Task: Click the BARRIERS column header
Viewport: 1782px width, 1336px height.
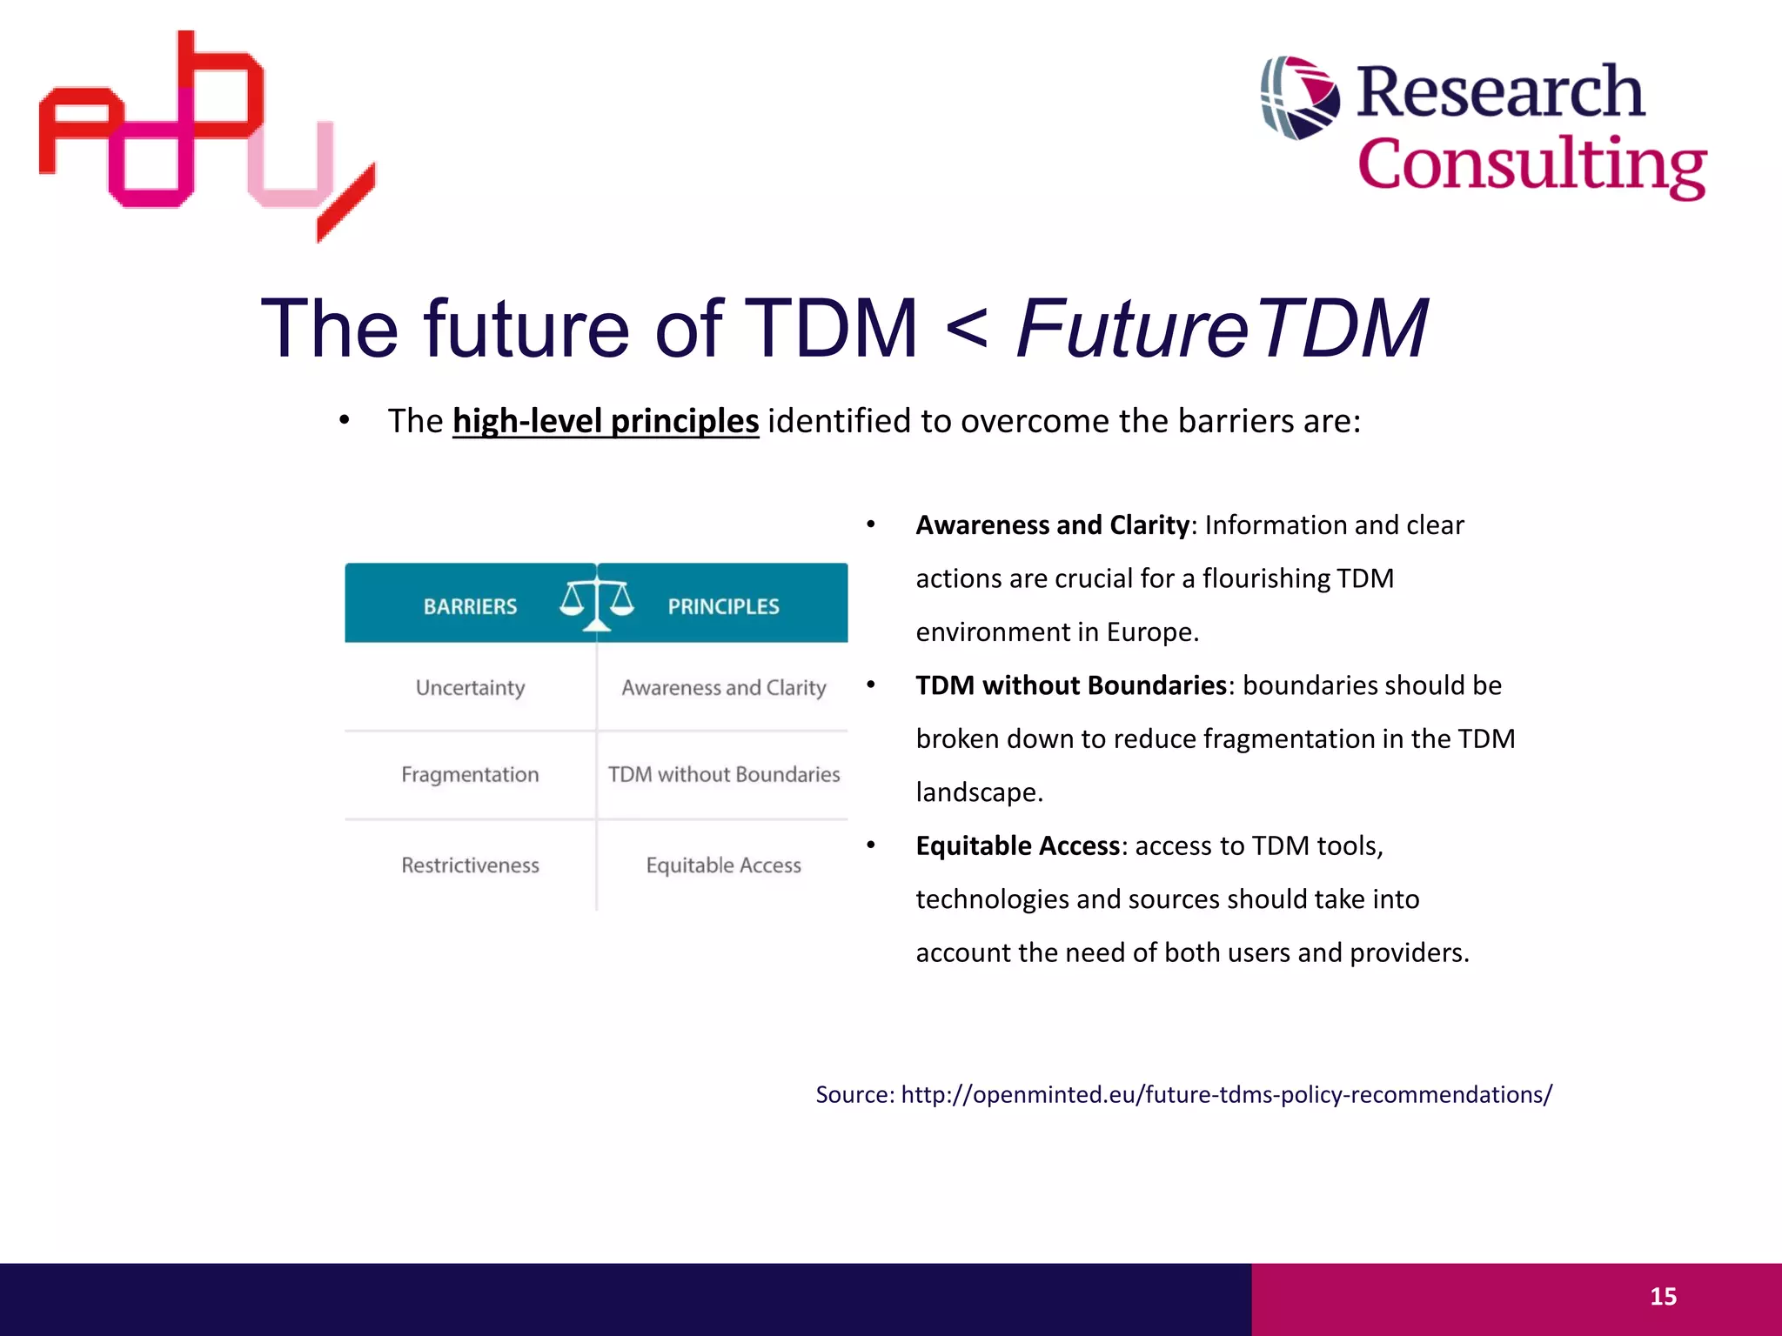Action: [x=470, y=606]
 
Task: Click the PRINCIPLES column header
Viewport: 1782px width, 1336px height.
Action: [x=723, y=606]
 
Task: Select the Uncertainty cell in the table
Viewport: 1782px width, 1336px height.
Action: [x=470, y=688]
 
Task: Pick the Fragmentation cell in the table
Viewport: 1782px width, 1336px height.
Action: [x=470, y=775]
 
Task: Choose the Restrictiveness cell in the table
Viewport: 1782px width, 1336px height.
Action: [x=470, y=865]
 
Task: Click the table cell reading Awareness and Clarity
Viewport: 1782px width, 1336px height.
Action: [x=723, y=688]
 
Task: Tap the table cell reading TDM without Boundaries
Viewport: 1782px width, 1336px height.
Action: [x=723, y=775]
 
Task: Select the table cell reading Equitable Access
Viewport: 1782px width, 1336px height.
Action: [x=723, y=865]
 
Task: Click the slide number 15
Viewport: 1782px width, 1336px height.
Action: [x=1663, y=1297]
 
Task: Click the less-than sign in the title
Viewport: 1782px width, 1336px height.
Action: [x=966, y=331]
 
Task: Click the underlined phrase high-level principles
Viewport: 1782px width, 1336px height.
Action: [x=606, y=421]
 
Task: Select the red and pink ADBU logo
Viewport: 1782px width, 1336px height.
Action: [x=207, y=135]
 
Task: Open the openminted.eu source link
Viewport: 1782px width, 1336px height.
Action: [x=1226, y=1094]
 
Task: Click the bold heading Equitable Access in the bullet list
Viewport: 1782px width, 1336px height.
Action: [x=1017, y=845]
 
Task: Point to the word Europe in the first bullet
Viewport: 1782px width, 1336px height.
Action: [x=1151, y=632]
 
